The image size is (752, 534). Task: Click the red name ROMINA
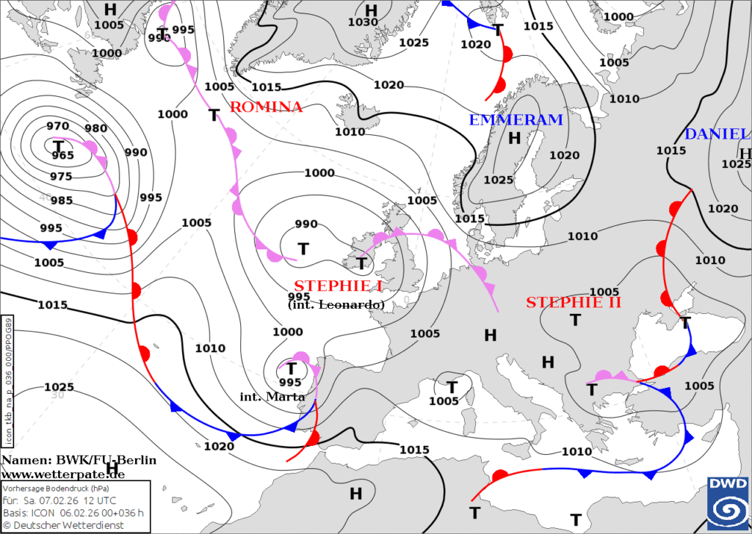266,107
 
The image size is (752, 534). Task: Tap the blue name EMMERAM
516,120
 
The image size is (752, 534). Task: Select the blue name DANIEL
717,134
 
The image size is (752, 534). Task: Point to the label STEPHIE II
574,301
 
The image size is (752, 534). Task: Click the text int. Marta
272,397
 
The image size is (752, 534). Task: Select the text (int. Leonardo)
336,304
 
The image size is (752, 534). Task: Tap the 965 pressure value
62,156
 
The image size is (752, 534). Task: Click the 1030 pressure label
363,22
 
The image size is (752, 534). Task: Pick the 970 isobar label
57,126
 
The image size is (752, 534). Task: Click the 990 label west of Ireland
306,224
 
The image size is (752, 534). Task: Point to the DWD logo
727,502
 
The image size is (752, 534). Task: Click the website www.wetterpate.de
62,474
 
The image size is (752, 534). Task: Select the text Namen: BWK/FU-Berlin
79,460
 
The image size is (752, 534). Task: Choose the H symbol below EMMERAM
514,137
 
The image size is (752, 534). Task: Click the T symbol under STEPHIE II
576,320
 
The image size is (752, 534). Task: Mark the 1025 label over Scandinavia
499,180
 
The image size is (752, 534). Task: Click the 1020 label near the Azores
219,445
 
